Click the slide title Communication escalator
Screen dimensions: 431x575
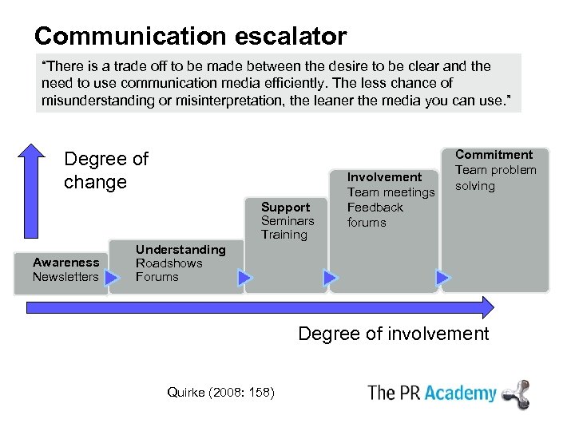point(190,36)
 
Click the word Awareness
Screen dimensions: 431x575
point(65,262)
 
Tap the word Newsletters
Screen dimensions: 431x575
point(65,277)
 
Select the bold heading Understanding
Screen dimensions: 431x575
point(180,249)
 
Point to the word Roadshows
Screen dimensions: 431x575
point(169,263)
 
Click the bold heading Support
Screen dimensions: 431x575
point(285,208)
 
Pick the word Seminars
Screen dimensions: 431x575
point(287,221)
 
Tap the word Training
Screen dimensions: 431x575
point(284,235)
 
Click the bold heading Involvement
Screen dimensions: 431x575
point(384,177)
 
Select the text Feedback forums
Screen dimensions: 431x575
point(375,215)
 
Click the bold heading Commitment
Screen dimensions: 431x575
point(494,155)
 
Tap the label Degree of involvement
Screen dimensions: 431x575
point(393,334)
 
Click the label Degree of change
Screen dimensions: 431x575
point(105,170)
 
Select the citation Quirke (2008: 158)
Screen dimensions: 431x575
point(220,392)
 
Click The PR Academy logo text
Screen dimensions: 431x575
point(431,393)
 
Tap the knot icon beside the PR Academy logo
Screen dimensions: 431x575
point(516,393)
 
